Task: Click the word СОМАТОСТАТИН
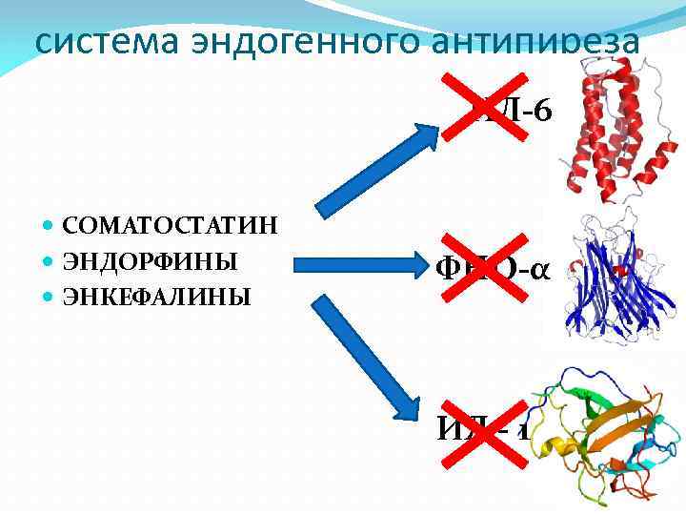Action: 171,226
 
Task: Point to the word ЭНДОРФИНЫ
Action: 150,261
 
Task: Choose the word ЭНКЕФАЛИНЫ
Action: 156,297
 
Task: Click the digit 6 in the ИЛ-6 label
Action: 541,112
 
